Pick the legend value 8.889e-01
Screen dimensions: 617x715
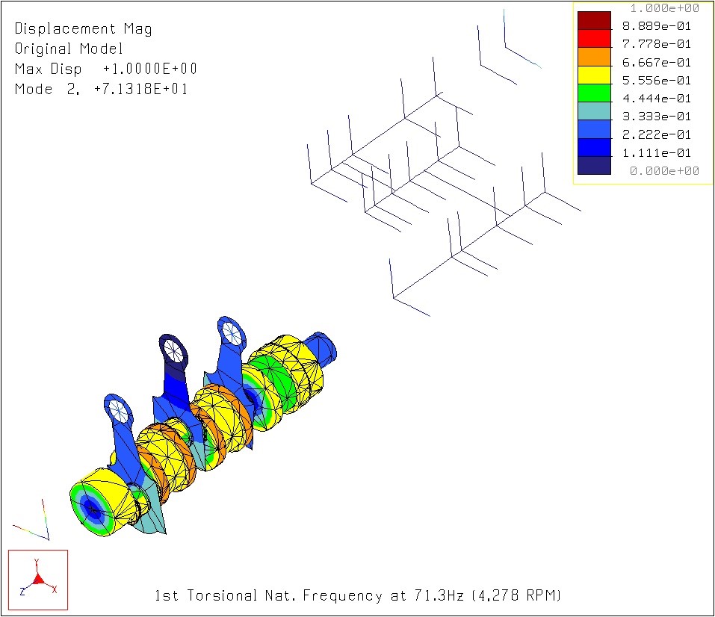tap(657, 26)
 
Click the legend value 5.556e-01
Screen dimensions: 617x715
tap(657, 81)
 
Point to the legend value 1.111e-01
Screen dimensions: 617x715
tap(657, 153)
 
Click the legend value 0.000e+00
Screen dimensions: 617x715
tap(664, 171)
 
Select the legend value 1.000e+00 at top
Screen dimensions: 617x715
tap(664, 8)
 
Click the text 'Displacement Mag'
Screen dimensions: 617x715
tap(83, 29)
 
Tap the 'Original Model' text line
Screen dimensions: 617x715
tap(69, 49)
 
